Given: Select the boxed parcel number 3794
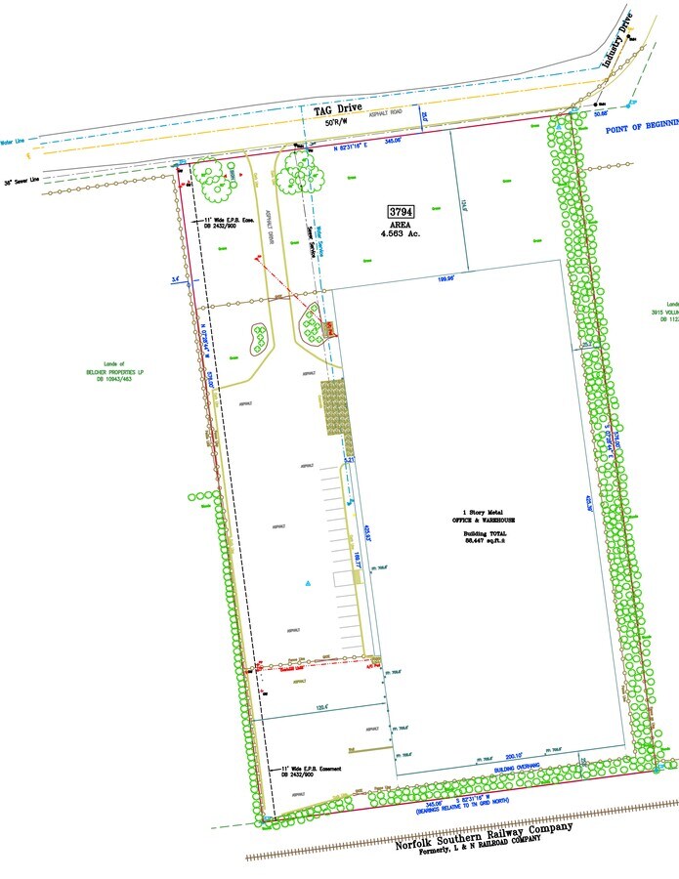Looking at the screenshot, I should tap(401, 211).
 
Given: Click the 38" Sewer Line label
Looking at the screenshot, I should tap(21, 181).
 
